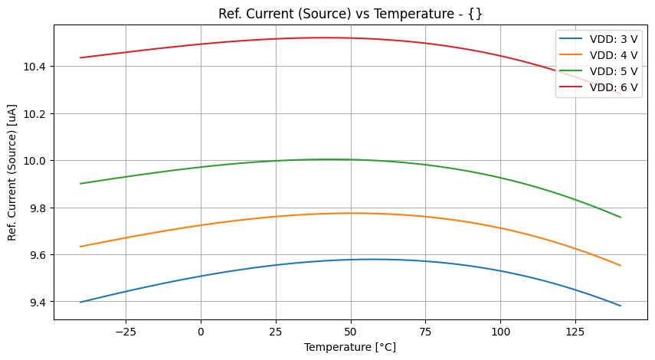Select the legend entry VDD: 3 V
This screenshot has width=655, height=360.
click(614, 38)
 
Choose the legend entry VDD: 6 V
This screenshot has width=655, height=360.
click(614, 87)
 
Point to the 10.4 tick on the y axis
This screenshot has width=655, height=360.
click(34, 67)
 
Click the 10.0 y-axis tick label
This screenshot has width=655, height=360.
click(34, 161)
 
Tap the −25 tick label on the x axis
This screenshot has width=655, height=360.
click(126, 332)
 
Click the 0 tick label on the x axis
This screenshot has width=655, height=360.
click(201, 332)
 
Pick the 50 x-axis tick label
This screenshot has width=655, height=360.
click(350, 332)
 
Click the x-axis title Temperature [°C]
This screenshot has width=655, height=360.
click(350, 347)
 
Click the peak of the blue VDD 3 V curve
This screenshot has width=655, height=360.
click(372, 259)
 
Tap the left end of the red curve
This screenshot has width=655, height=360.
click(80, 57)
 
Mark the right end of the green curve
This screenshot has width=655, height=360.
click(621, 217)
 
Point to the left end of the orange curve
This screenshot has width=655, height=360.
click(80, 247)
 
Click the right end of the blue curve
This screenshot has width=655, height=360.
click(621, 306)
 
